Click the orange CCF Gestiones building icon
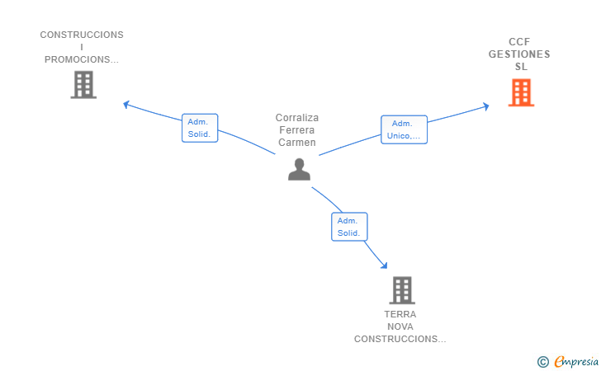(x=521, y=92)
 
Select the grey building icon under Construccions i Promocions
(x=83, y=85)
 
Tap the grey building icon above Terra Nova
(x=402, y=290)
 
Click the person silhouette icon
(x=299, y=169)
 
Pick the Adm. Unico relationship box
(x=404, y=129)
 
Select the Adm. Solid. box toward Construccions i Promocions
(x=200, y=128)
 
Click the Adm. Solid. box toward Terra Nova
(x=349, y=227)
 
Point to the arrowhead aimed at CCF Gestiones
(x=486, y=106)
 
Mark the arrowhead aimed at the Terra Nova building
(x=384, y=265)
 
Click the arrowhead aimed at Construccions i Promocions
(x=126, y=104)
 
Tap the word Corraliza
(x=297, y=118)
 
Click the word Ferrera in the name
(x=297, y=129)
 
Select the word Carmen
(x=297, y=143)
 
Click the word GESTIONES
(x=519, y=54)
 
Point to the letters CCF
(x=519, y=42)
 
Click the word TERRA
(x=400, y=314)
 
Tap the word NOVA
(x=400, y=326)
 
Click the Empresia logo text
(x=576, y=361)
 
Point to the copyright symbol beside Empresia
(x=543, y=362)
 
